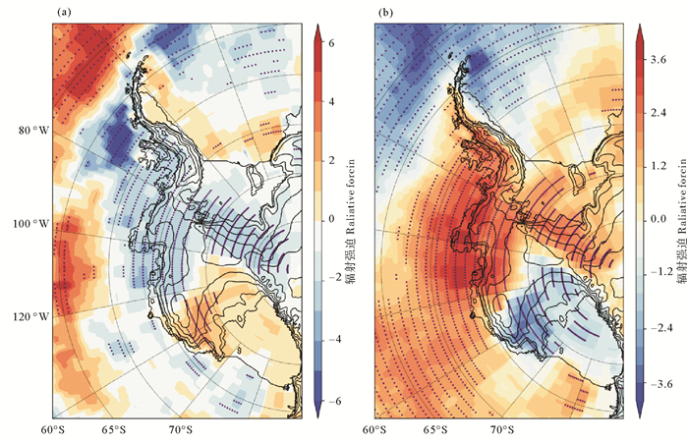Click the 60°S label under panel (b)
coord(374,429)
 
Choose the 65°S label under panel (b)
coord(433,429)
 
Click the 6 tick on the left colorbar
coord(333,43)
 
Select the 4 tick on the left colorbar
coord(333,102)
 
